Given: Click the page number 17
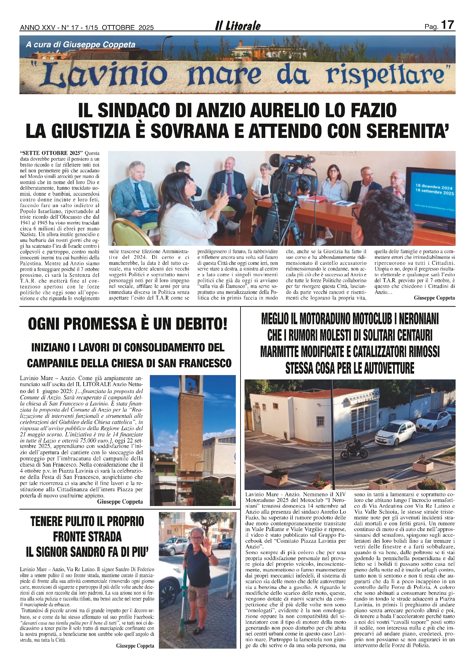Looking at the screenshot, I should pos(448,25).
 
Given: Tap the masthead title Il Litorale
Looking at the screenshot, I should pos(237,26).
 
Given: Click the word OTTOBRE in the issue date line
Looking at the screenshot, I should pos(118,28).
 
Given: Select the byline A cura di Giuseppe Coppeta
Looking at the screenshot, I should pos(81,44).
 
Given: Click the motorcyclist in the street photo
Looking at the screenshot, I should pos(354,449).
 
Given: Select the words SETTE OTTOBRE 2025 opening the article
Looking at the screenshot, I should pos(52,153).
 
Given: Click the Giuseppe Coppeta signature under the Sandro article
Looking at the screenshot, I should pos(135,646).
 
